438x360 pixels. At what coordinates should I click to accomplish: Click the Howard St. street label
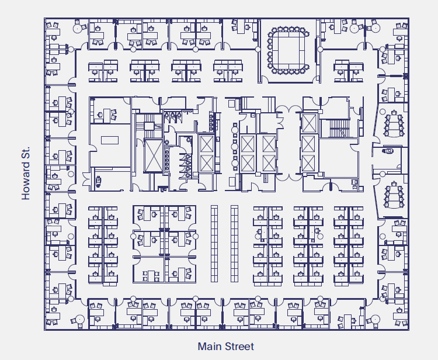click(26, 174)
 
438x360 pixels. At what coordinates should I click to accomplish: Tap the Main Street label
click(225, 347)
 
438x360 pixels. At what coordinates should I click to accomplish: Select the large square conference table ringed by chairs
click(287, 51)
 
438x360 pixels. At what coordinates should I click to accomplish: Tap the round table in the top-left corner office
click(78, 27)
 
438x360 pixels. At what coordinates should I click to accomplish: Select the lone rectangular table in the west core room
click(109, 140)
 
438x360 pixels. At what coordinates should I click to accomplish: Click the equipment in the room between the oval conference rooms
click(388, 152)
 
